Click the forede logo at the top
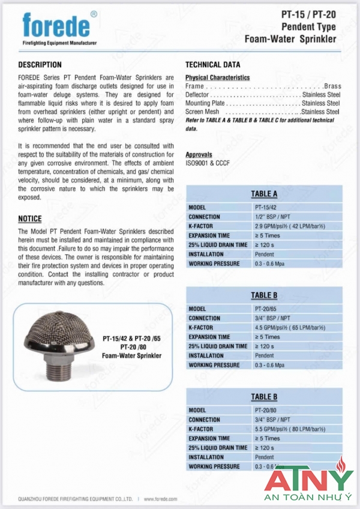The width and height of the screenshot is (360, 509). coord(57,25)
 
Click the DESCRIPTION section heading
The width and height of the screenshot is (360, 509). coord(40,65)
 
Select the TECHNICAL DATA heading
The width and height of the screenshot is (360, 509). coord(212,65)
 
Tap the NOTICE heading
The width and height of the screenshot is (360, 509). coord(30,219)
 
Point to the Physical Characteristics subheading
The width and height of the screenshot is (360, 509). coord(217,77)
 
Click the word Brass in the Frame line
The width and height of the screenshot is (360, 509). coord(332,86)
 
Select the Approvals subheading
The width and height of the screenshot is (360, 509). coord(199,154)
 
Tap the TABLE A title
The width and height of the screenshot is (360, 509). coord(264,194)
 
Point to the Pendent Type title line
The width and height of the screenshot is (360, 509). coord(308,28)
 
